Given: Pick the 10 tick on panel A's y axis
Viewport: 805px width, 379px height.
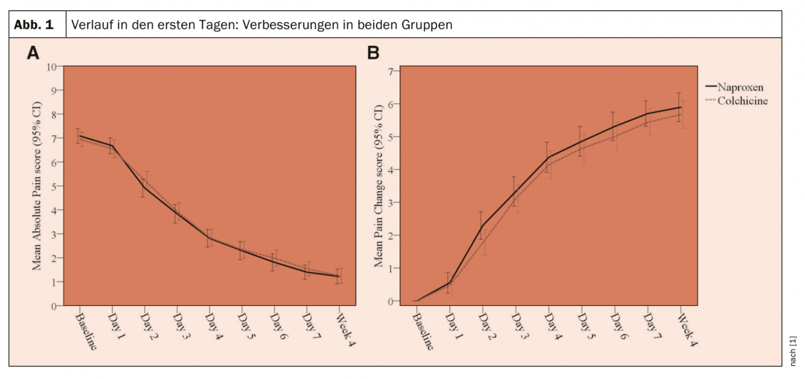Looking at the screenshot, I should click(x=52, y=67).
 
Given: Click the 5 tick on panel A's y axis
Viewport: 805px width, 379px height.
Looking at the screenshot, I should click(x=55, y=186).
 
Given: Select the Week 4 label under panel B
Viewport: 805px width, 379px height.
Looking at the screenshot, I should click(x=685, y=329).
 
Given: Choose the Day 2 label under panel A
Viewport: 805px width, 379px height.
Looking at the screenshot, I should click(x=149, y=326).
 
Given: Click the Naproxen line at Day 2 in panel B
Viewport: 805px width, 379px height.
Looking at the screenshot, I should click(x=482, y=225).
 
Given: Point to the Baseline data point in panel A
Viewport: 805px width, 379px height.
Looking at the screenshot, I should click(x=79, y=136).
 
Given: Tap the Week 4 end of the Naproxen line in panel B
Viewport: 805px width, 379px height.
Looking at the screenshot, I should click(x=681, y=108).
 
